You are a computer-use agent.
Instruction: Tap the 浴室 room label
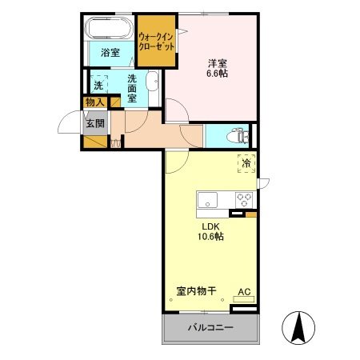(110, 53)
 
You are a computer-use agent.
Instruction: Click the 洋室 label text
(218, 62)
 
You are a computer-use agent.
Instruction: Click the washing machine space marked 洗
(98, 84)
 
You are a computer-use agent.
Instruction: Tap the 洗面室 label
(132, 86)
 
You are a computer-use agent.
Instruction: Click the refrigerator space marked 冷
(246, 163)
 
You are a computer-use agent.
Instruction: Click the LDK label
(206, 225)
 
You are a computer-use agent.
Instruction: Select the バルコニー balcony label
(210, 328)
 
